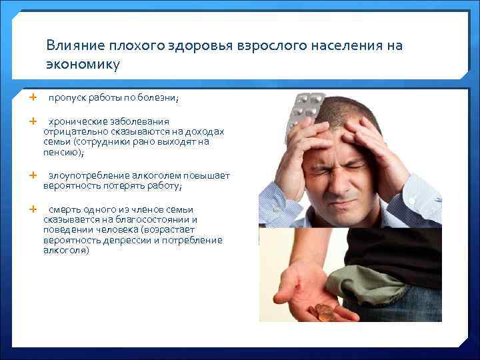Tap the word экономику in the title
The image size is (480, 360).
(x=83, y=65)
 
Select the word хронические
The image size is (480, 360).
(x=75, y=122)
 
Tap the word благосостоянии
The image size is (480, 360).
(x=155, y=219)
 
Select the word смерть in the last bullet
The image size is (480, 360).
(x=64, y=209)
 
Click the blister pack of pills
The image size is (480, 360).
(x=303, y=109)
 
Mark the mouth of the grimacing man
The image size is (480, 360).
(x=344, y=203)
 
